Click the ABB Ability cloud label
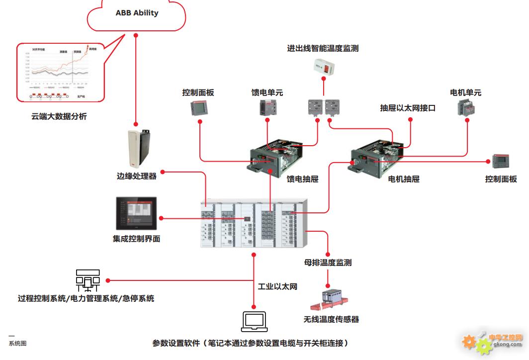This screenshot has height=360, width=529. point(137,13)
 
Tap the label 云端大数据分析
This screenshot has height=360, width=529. point(59,117)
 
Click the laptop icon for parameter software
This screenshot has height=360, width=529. point(254,322)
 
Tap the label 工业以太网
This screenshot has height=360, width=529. point(277,287)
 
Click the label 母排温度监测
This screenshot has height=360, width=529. point(328,262)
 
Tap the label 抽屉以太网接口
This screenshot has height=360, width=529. point(408,108)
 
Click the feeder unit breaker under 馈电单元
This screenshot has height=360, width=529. point(267,107)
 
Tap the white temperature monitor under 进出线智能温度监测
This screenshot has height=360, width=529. point(325,67)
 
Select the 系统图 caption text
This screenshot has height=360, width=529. point(17,343)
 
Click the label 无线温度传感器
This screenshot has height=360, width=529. point(331,319)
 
